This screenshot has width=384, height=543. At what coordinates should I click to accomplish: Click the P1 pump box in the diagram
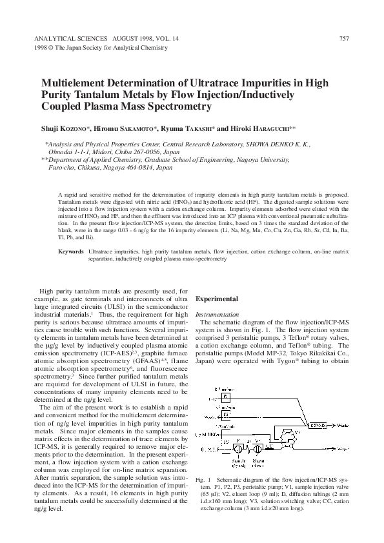tap(226, 395)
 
